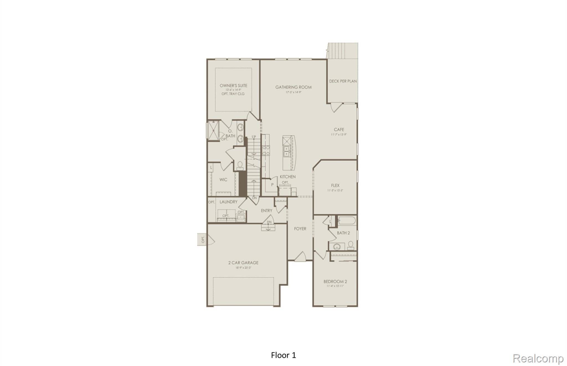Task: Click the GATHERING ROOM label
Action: [x=293, y=87]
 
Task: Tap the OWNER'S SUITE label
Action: [x=233, y=86]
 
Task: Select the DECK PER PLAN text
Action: [x=343, y=81]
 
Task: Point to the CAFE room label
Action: [x=339, y=129]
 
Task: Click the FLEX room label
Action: [x=335, y=185]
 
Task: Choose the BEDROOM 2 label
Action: [x=335, y=281]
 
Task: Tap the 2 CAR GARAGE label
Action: [x=243, y=263]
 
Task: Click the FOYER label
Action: [x=300, y=229]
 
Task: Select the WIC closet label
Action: [x=223, y=180]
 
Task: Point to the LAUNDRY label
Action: [x=228, y=202]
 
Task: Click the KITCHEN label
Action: [x=288, y=176]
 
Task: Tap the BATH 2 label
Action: [x=343, y=233]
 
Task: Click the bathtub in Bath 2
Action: [x=347, y=221]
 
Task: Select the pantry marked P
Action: [x=272, y=185]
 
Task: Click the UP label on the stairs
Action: [x=254, y=137]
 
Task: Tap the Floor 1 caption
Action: [x=283, y=355]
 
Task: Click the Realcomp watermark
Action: [x=538, y=359]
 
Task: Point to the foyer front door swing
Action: [x=300, y=256]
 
